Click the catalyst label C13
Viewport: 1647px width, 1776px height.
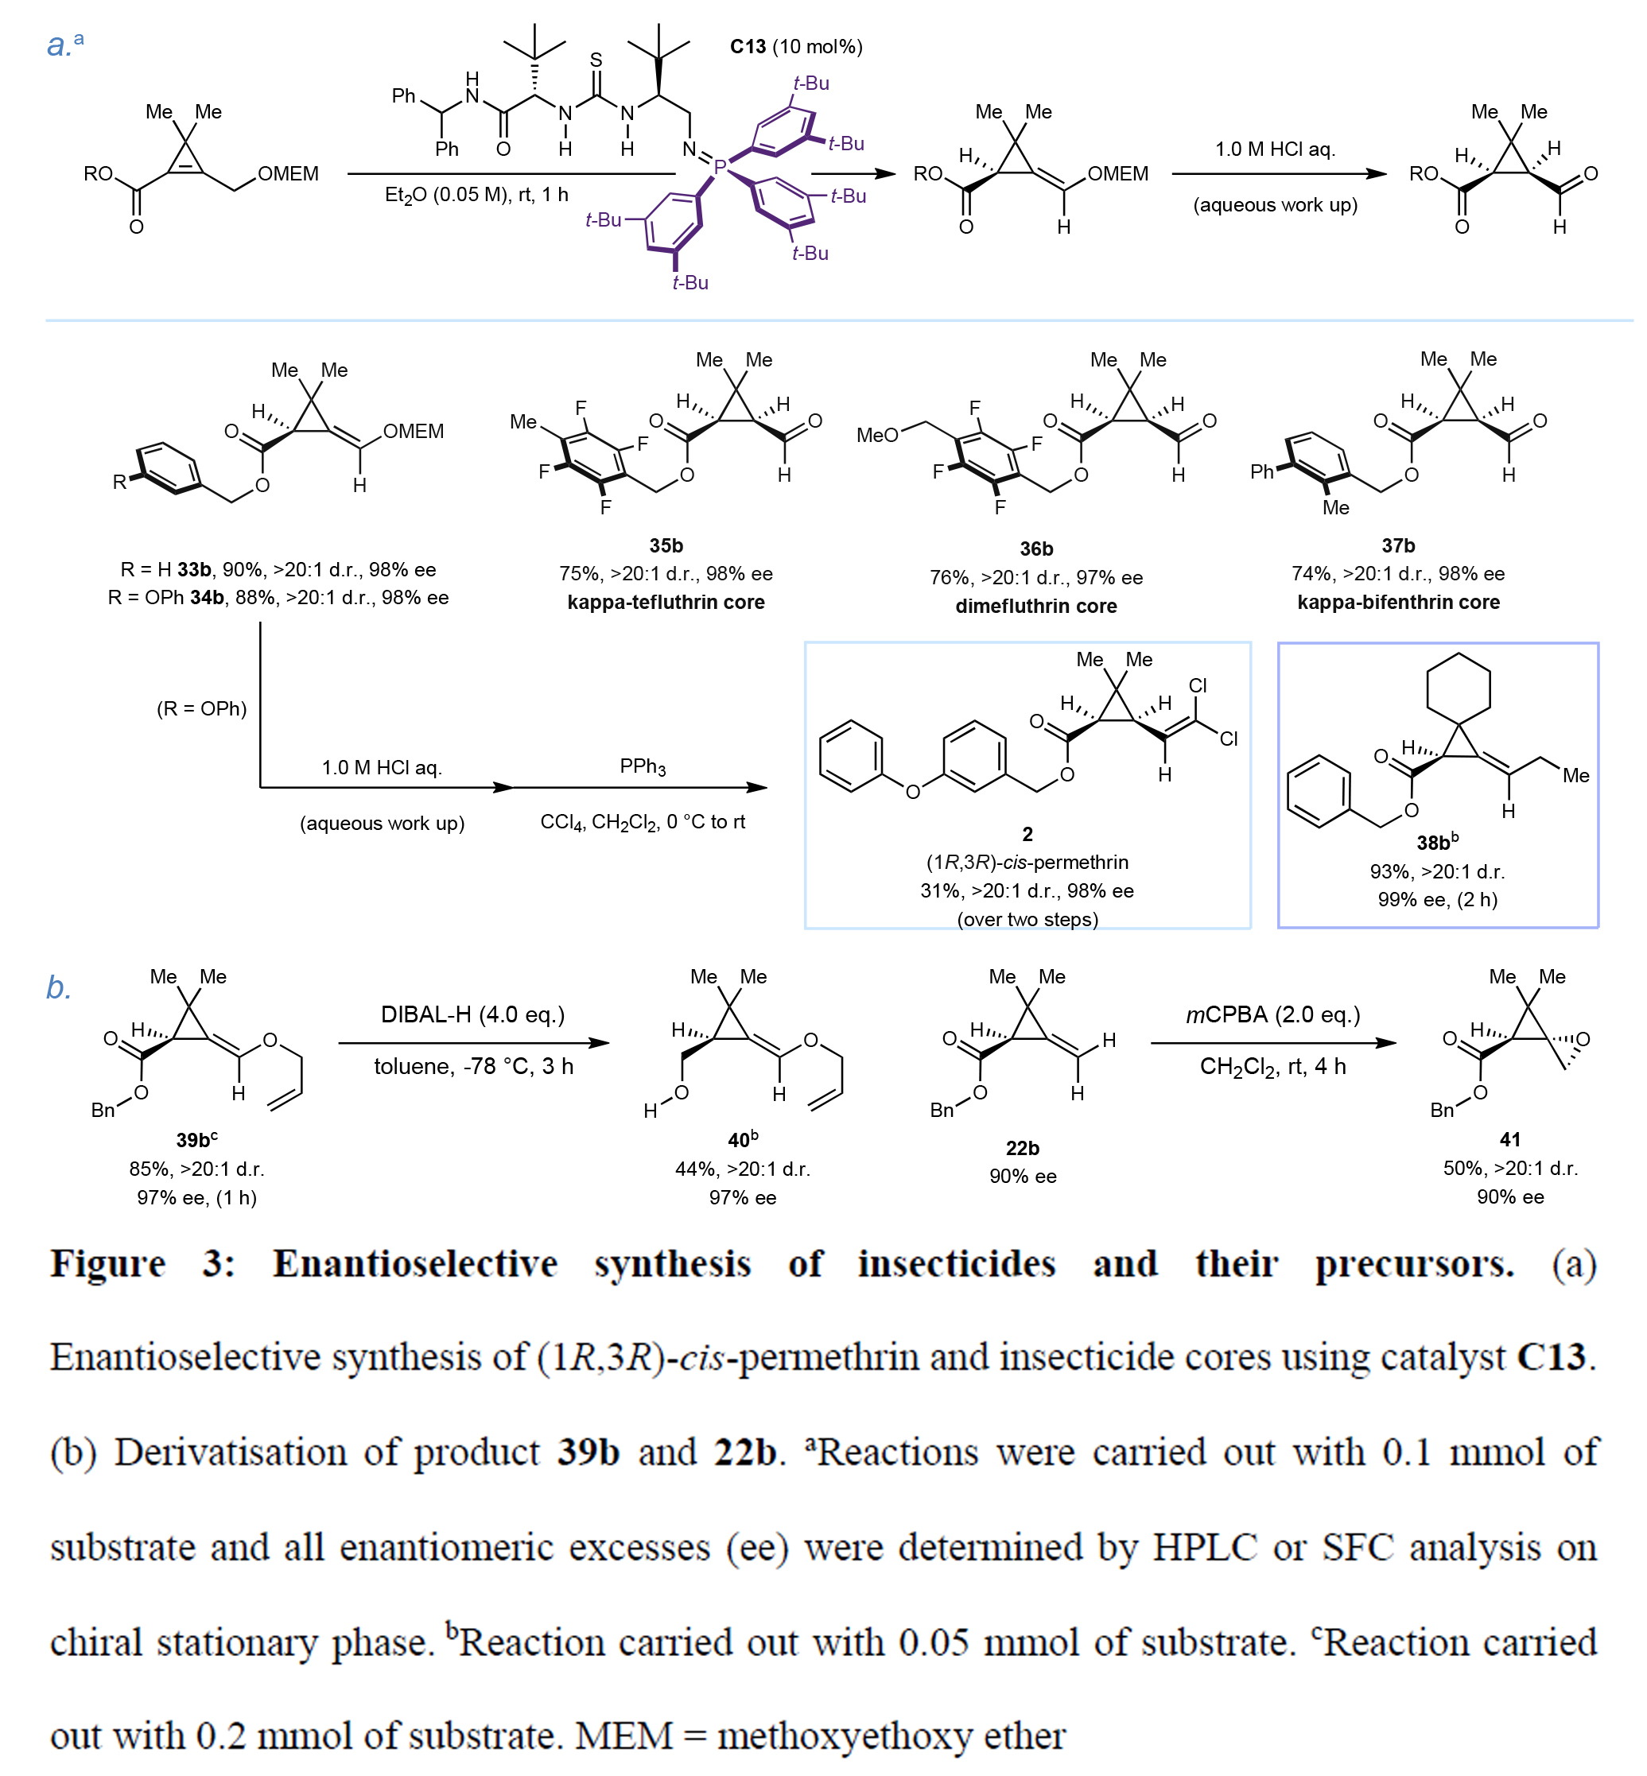click(748, 46)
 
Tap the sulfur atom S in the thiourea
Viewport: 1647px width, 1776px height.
click(596, 60)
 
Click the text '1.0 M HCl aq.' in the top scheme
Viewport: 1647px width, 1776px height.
click(1276, 149)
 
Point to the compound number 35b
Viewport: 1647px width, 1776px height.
click(666, 545)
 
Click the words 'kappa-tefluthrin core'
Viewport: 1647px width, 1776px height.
click(666, 602)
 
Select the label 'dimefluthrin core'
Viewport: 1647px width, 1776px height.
click(1035, 606)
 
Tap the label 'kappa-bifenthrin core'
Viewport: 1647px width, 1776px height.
click(1398, 602)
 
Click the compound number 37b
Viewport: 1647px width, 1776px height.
click(1398, 545)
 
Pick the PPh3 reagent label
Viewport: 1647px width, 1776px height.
click(643, 766)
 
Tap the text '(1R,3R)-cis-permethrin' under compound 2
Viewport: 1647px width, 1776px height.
click(1027, 862)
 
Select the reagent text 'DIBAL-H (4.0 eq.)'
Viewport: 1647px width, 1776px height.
click(472, 1014)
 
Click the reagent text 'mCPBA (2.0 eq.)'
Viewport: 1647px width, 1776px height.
click(1272, 1014)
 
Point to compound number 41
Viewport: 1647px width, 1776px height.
click(1509, 1139)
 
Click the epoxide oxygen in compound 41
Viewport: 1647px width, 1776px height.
click(1583, 1039)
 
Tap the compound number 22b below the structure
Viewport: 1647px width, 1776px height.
click(1022, 1148)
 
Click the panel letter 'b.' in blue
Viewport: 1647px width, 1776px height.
click(59, 987)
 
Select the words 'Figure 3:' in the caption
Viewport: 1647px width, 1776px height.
click(142, 1263)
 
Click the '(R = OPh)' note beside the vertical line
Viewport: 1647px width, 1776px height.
click(201, 708)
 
